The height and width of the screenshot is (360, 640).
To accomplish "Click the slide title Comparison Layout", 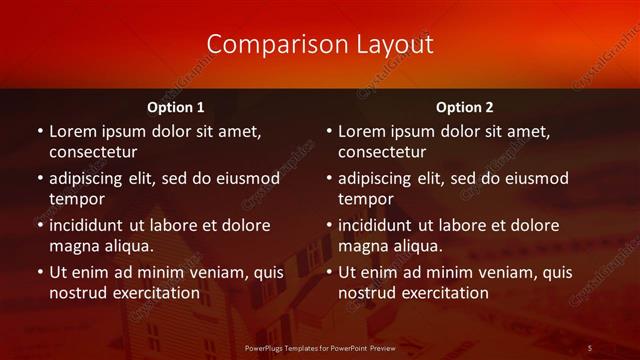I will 320,44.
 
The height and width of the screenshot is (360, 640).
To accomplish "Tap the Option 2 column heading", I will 464,107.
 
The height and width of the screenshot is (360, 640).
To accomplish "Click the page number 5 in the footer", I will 590,347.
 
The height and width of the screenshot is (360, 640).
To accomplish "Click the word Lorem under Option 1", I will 72,131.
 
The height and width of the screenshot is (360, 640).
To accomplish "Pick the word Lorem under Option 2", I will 361,131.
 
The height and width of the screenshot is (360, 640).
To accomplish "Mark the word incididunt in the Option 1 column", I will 89,225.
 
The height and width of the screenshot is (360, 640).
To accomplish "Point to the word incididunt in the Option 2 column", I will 378,225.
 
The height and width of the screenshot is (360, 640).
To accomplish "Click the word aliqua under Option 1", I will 128,246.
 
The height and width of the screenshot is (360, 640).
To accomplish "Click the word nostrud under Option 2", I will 367,293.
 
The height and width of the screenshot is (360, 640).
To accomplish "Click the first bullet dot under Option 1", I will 39,131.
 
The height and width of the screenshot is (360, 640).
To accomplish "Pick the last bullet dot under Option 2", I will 328,272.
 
